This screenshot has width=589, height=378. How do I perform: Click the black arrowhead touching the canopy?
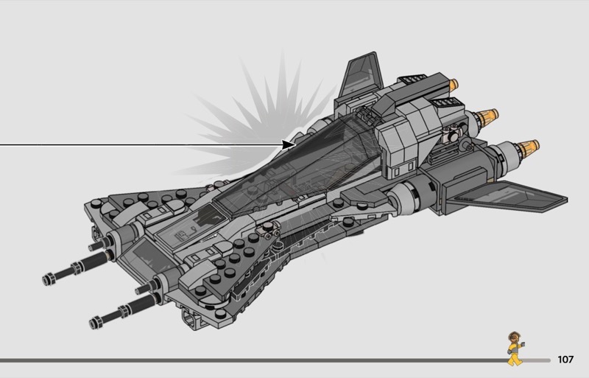[x=288, y=144]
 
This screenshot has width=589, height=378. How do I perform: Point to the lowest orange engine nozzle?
[x=528, y=148]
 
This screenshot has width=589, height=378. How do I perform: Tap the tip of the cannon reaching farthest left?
[x=49, y=280]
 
